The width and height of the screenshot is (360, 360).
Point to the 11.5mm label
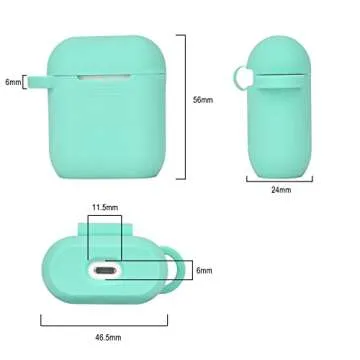(x=105, y=207)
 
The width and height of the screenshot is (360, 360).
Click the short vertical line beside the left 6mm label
(x=26, y=82)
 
